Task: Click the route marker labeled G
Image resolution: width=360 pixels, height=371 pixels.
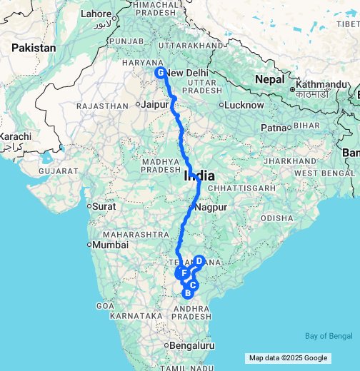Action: [161, 73]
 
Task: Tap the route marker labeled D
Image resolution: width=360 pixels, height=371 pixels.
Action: [199, 261]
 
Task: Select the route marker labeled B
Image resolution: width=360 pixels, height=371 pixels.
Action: [188, 293]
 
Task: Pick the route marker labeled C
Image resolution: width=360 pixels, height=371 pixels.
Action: [192, 285]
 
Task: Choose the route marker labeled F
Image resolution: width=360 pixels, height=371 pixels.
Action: [184, 273]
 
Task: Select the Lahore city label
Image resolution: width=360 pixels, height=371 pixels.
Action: [96, 14]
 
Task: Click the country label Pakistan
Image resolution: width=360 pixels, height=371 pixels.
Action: [34, 48]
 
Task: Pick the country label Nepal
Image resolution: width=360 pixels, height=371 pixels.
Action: [271, 79]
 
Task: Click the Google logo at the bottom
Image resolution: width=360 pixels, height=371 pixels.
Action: [314, 358]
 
